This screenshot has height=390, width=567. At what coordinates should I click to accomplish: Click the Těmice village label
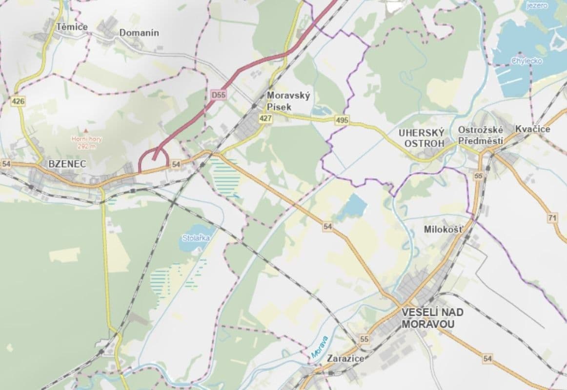pos(72,27)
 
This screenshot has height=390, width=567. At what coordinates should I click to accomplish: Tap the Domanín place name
pos(139,33)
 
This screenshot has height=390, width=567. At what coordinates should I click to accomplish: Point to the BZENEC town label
pos(67,164)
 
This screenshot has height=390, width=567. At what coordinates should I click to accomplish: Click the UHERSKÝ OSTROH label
pos(422,137)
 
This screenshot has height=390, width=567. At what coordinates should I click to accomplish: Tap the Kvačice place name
pos(533,129)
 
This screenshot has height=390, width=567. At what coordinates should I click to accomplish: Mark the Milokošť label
pos(443,229)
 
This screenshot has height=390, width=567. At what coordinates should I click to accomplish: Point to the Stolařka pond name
pos(192,238)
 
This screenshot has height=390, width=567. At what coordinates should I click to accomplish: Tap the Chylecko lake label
pos(524,61)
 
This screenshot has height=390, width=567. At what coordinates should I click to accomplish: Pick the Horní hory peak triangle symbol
pos(86,131)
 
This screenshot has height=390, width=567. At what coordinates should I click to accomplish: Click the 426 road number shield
pos(19,101)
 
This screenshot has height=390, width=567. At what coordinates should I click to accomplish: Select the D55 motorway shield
pos(219,96)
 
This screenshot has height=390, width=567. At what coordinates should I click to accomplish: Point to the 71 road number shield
pos(552,218)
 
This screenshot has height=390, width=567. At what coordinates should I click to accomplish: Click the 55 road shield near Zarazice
pos(364,339)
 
